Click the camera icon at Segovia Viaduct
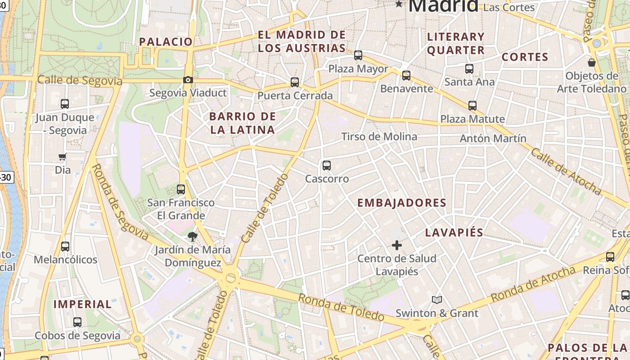pyautogui.click(x=188, y=80)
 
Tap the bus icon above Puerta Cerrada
pyautogui.click(x=295, y=82)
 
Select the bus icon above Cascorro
pyautogui.click(x=327, y=166)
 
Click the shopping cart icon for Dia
pyautogui.click(x=63, y=157)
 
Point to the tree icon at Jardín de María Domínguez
pyautogui.click(x=193, y=236)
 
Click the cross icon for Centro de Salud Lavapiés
pyautogui.click(x=396, y=245)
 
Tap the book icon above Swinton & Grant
pyautogui.click(x=436, y=300)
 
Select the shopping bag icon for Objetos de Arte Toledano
pyautogui.click(x=592, y=63)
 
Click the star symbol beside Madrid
pyautogui.click(x=399, y=4)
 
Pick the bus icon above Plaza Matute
pyautogui.click(x=472, y=106)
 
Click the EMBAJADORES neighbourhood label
pyautogui.click(x=401, y=203)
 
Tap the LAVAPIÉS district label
pyautogui.click(x=454, y=233)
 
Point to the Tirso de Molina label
pyautogui.click(x=379, y=136)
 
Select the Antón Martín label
pyautogui.click(x=493, y=139)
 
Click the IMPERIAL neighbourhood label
pyautogui.click(x=82, y=304)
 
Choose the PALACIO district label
pyautogui.click(x=166, y=42)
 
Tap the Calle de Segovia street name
pyautogui.click(x=80, y=80)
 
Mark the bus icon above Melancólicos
pyautogui.click(x=65, y=247)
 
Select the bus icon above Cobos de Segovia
pyautogui.click(x=77, y=322)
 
